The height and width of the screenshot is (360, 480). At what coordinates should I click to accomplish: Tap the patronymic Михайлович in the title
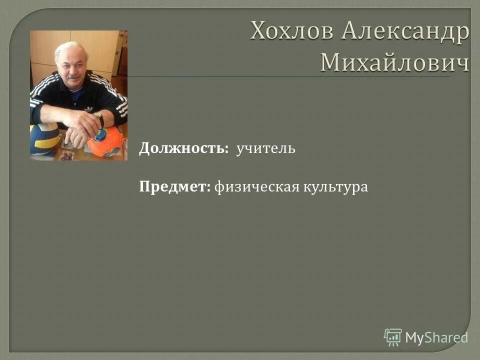394,62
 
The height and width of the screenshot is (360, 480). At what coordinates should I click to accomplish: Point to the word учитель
266,148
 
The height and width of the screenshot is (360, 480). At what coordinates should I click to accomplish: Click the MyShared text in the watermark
436,337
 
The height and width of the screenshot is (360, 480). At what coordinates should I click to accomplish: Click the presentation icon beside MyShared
393,337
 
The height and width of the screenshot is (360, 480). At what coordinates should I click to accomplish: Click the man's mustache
73,77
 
